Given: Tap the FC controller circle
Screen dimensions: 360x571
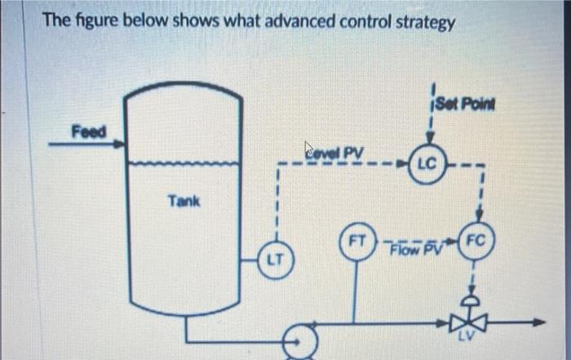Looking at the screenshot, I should pos(476,241).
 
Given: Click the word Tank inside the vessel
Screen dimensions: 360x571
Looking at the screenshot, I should pos(184,200).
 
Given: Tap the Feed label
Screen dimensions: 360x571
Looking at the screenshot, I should pos(87,131).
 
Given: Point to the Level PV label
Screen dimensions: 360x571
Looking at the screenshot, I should pos(336,151).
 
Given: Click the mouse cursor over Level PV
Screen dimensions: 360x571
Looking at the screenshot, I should pos(309,148).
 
